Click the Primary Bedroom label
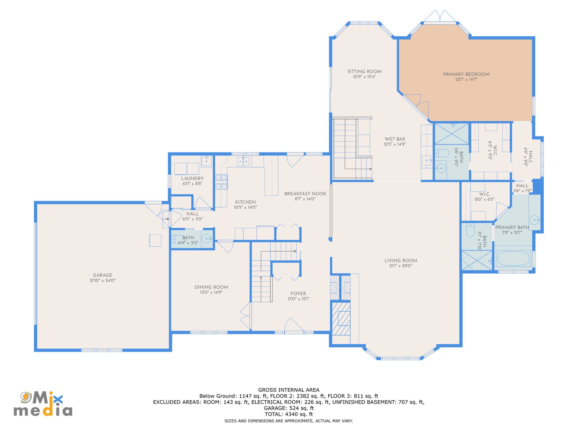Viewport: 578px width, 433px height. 466,74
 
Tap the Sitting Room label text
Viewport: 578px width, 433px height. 364,72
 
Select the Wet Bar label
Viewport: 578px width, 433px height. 395,139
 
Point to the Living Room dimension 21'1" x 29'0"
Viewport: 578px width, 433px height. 401,266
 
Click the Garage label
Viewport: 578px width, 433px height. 102,275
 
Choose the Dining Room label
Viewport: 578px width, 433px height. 211,287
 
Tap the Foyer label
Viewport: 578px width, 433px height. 298,294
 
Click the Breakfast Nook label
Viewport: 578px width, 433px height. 305,194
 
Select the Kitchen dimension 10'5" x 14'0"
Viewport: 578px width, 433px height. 245,207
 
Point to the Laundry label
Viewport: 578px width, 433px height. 192,179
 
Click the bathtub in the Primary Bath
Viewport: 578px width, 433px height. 513,259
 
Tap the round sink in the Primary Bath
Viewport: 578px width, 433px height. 534,220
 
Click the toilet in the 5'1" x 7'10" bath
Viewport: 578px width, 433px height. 470,230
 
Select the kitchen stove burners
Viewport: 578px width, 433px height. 221,182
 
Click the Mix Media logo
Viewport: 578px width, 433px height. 43,404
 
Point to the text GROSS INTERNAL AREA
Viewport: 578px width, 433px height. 289,390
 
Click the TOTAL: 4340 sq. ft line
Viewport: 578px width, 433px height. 289,414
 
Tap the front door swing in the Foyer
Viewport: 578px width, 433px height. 294,326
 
